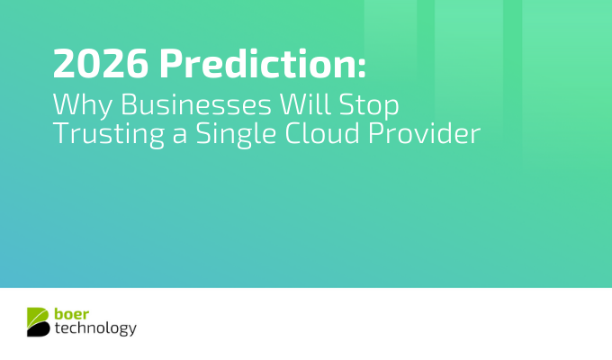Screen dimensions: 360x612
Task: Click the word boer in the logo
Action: click(70, 314)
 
